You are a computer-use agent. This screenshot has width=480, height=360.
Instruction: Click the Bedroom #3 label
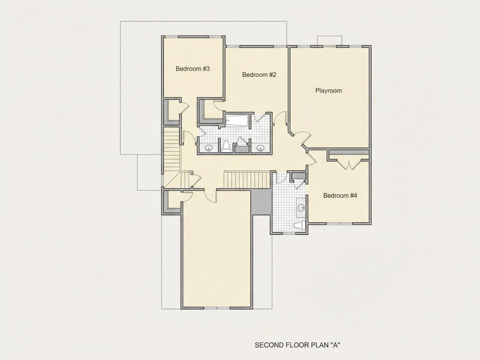point(192,69)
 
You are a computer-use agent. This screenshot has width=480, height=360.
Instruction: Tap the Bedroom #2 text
point(259,75)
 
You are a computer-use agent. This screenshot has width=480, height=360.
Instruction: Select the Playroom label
point(329,91)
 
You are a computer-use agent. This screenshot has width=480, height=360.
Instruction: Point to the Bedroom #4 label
point(340,195)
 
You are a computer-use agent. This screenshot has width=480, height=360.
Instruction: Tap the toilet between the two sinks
point(226,146)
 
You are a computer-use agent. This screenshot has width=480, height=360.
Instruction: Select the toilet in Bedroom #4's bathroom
point(299,226)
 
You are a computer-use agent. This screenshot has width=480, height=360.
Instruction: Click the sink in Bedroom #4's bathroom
point(301,208)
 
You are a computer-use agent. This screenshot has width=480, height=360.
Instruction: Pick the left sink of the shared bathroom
point(209,148)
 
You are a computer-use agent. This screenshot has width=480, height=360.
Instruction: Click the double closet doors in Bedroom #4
point(349,164)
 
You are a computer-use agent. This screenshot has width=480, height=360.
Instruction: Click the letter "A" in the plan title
point(336,345)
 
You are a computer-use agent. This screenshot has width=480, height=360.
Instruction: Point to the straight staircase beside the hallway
point(247,180)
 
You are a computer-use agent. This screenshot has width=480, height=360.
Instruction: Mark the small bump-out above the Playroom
point(329,41)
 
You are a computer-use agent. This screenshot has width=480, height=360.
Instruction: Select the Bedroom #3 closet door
point(185,106)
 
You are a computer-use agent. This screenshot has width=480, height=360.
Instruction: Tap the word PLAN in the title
point(319,345)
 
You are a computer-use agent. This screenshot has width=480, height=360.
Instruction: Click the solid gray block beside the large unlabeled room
point(261,202)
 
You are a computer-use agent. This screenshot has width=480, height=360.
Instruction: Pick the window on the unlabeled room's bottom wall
point(216,307)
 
